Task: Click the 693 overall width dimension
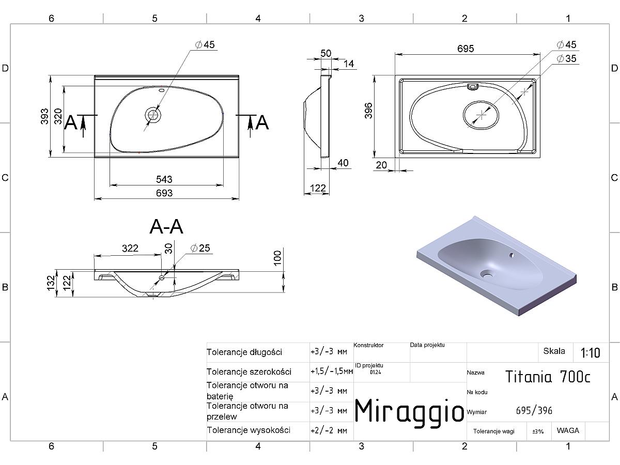[164, 193]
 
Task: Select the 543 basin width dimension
[164, 179]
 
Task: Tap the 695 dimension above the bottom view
[466, 49]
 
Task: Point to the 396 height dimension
[368, 111]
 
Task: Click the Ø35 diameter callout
[566, 58]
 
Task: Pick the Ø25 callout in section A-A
[200, 248]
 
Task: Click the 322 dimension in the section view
[130, 249]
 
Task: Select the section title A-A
[166, 227]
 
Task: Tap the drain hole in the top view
[153, 115]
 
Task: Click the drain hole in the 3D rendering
[486, 273]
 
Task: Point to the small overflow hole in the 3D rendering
[512, 255]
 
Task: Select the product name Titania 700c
[548, 377]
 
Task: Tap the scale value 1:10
[591, 353]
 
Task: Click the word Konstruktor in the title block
[368, 345]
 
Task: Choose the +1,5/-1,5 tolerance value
[332, 371]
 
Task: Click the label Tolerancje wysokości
[249, 430]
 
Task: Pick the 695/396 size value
[534, 411]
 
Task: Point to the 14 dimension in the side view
[349, 64]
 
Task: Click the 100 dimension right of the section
[277, 258]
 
